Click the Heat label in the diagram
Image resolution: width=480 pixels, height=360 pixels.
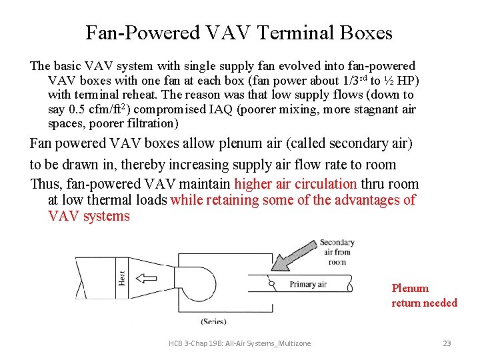pyautogui.click(x=121, y=277)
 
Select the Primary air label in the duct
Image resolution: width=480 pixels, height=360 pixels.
pyautogui.click(x=308, y=285)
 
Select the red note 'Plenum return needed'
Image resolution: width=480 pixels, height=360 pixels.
pyautogui.click(x=424, y=295)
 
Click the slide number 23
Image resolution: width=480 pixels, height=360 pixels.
pyautogui.click(x=447, y=343)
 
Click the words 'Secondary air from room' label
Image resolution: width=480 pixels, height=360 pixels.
pyautogui.click(x=337, y=252)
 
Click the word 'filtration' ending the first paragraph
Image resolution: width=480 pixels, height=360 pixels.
pyautogui.click(x=151, y=123)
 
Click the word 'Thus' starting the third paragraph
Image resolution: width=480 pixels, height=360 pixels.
pyautogui.click(x=44, y=184)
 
